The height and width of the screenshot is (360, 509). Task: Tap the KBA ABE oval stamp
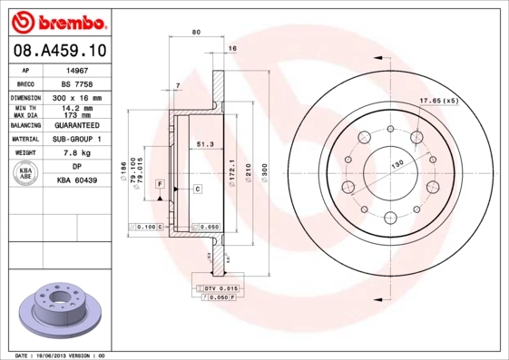coord(26,174)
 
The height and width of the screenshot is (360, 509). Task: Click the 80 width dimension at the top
coord(197,33)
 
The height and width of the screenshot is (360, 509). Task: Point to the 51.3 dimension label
coord(205,143)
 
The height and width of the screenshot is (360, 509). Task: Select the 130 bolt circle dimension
coord(396,165)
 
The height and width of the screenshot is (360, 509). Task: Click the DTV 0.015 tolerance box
coord(220,287)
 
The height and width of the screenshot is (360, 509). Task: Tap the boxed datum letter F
coord(159,184)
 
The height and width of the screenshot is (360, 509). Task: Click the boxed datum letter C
coord(197,188)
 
